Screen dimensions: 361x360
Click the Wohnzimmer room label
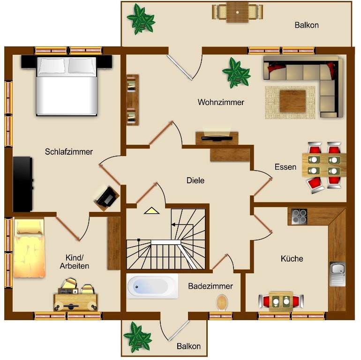[x=221, y=102]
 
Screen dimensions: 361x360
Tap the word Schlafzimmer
[x=68, y=151]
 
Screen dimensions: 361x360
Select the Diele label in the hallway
[x=195, y=180]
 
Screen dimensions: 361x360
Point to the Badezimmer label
[x=211, y=286]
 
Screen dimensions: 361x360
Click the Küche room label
[x=292, y=258]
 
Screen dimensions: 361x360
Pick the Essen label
[x=285, y=167]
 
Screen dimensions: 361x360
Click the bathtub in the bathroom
[x=152, y=286]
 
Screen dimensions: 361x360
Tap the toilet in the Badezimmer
[x=222, y=302]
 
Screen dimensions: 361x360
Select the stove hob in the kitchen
[x=299, y=217]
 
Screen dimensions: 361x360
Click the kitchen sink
[x=337, y=274]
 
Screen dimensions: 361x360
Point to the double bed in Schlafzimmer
[x=67, y=86]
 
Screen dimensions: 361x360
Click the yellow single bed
[x=29, y=248]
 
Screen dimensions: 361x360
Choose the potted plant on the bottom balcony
[x=137, y=337]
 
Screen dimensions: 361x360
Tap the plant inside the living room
[x=236, y=73]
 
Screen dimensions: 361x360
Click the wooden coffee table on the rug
[x=293, y=101]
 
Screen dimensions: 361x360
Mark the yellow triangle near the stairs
[x=151, y=210]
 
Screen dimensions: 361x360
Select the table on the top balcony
[x=237, y=12]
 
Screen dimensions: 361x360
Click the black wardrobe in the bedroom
[x=23, y=184]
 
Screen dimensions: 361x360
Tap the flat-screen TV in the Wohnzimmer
[x=217, y=138]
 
